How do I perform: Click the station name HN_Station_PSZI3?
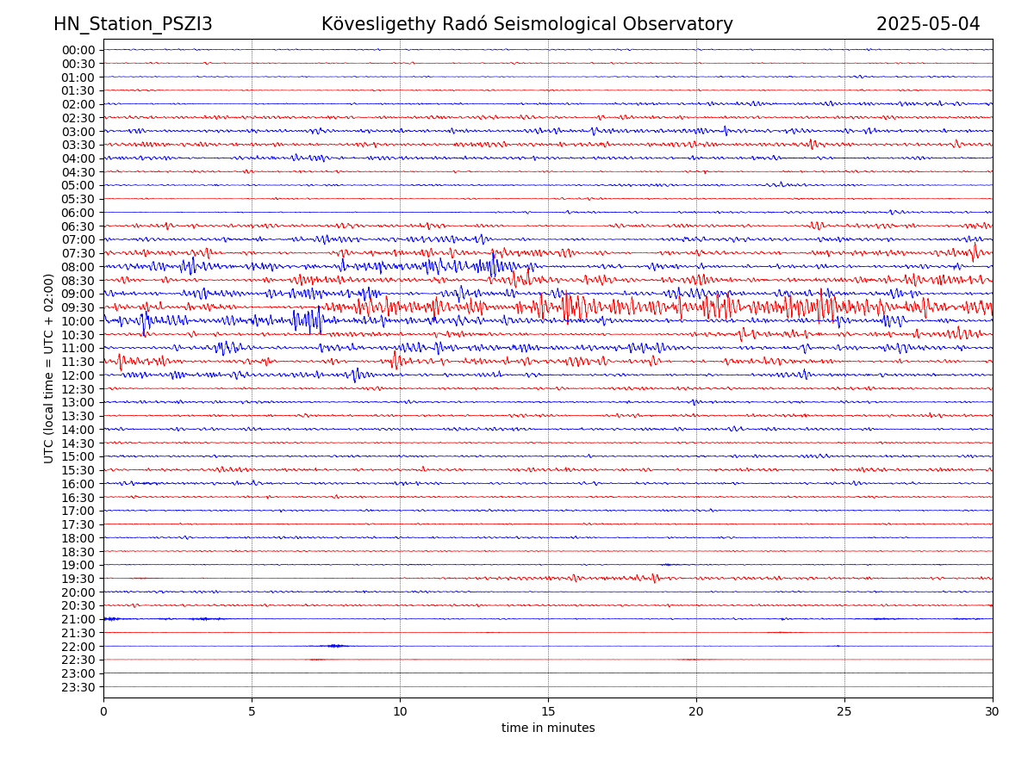(133, 24)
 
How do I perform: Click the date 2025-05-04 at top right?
(928, 24)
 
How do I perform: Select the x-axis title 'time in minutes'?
(548, 728)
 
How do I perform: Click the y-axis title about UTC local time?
(49, 368)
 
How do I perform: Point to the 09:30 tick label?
(78, 307)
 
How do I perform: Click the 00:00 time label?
(78, 50)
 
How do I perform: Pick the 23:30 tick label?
(78, 687)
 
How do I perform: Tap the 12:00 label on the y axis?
(78, 375)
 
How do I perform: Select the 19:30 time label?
(78, 579)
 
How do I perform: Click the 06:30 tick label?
(78, 226)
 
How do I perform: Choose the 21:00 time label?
(78, 619)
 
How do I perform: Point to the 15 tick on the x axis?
(548, 712)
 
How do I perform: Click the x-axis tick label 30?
(993, 712)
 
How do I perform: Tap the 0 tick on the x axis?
(103, 712)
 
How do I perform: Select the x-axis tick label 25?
(844, 712)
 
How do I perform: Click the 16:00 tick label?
(78, 484)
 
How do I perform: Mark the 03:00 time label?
(78, 131)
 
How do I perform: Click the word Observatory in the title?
(684, 24)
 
